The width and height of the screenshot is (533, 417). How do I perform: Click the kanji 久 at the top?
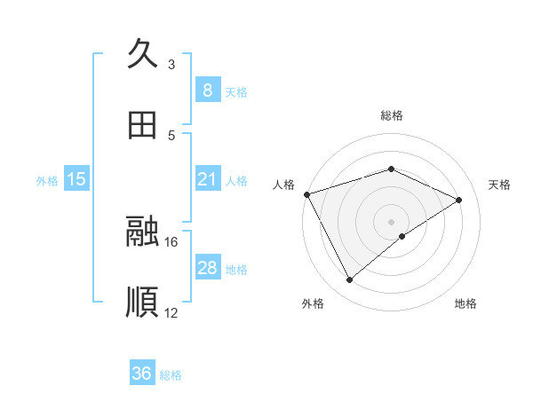(143, 54)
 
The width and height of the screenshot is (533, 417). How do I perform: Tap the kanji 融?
(143, 232)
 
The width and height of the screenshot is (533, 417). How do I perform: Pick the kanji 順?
(143, 302)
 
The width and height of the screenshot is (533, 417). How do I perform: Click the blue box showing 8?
(207, 90)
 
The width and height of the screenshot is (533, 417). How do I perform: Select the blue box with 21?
(207, 180)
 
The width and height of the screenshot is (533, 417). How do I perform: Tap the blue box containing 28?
(207, 268)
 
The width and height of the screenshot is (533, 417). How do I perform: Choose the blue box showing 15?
(76, 180)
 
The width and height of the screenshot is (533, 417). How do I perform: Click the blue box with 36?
(142, 374)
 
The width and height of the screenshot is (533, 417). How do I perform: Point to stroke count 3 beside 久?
(171, 65)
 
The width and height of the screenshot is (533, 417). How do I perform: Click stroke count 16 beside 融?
(171, 241)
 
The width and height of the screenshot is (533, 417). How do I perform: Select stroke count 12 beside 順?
(171, 312)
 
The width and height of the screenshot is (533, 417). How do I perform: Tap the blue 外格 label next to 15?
(47, 181)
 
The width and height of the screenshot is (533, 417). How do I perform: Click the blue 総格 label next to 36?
(171, 375)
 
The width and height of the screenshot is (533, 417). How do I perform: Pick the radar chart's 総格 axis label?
(391, 115)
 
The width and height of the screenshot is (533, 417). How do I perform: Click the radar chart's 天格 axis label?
(500, 185)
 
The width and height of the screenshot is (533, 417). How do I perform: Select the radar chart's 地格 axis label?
(465, 304)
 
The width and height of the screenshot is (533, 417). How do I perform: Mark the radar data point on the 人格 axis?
(306, 194)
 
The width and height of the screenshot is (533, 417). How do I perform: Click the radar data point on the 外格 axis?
(349, 280)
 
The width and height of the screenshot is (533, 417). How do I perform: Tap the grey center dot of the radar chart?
(391, 221)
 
